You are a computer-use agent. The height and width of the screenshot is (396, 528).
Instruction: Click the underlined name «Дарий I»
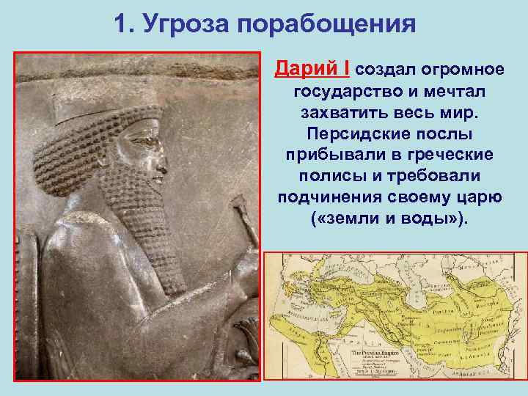click(x=312, y=70)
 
